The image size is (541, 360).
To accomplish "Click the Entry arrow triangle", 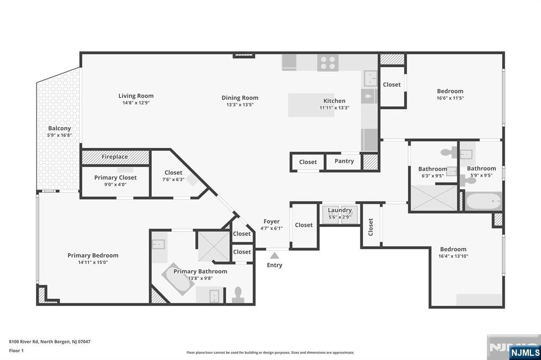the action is pyautogui.click(x=274, y=255).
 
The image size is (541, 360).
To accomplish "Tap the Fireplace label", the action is pyautogui.click(x=115, y=157).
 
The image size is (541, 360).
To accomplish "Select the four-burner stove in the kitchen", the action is pyautogui.click(x=328, y=63).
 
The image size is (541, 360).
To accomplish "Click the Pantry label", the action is pyautogui.click(x=344, y=161).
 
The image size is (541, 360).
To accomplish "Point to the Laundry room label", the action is pyautogui.click(x=340, y=210).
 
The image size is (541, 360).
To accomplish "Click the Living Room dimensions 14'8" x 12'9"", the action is pyautogui.click(x=136, y=103).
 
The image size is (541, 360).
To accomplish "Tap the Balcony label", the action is pyautogui.click(x=59, y=128).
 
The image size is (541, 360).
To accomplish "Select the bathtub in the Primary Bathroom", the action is pyautogui.click(x=178, y=279).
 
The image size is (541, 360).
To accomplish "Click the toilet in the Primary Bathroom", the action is pyautogui.click(x=238, y=295).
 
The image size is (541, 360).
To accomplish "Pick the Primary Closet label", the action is pyautogui.click(x=115, y=177).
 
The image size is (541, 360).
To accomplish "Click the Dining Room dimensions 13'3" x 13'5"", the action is pyautogui.click(x=240, y=105).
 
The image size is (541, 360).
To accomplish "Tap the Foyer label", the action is pyautogui.click(x=272, y=221).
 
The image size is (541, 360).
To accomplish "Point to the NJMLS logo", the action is pyautogui.click(x=525, y=352).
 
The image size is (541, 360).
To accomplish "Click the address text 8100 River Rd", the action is pyautogui.click(x=24, y=342).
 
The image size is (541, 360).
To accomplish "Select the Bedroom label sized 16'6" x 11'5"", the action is pyautogui.click(x=450, y=91).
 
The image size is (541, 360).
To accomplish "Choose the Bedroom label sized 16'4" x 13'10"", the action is pyautogui.click(x=453, y=249).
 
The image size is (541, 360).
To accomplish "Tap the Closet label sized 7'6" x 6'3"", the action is pyautogui.click(x=173, y=173).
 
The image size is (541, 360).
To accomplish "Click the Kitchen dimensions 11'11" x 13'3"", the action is pyautogui.click(x=334, y=108).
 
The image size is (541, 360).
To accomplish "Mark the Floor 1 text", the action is pyautogui.click(x=16, y=350).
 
